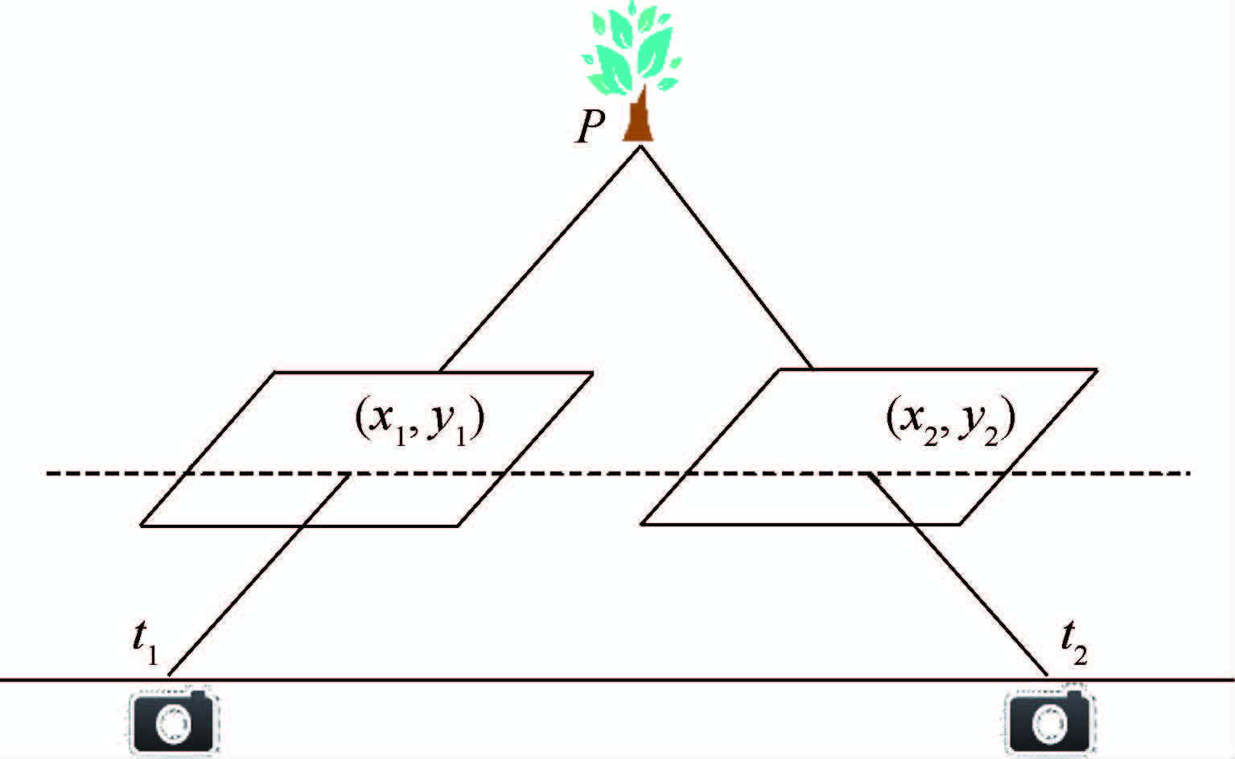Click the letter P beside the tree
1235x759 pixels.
point(589,127)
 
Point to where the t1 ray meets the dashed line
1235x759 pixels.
point(348,474)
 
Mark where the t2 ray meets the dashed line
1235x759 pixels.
point(867,474)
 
